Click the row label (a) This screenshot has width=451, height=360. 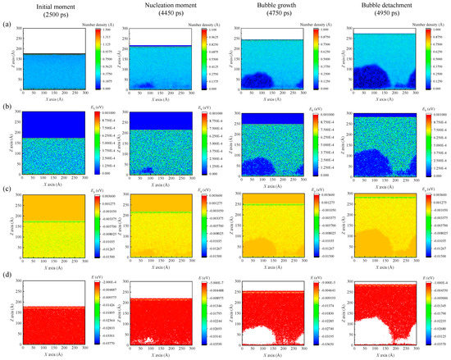click(x=8, y=25)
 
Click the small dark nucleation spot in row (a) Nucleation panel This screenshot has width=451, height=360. click(x=148, y=84)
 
